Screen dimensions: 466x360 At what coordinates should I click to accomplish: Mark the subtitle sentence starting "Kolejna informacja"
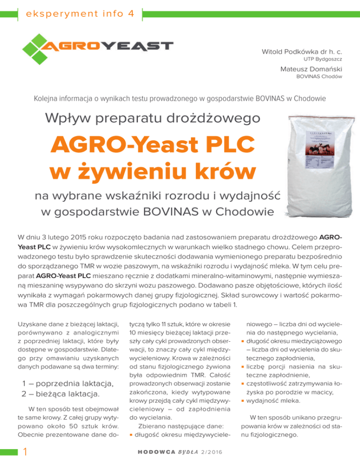180,99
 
